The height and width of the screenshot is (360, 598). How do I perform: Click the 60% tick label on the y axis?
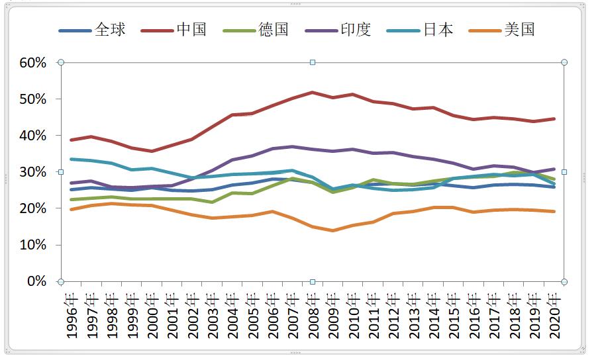[x=32, y=63]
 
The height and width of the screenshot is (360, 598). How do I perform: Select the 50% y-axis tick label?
[x=32, y=99]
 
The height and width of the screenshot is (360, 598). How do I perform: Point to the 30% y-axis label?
[x=32, y=172]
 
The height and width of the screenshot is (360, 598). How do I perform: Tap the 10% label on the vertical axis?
[x=32, y=245]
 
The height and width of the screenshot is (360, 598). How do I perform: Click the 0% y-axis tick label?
[x=36, y=281]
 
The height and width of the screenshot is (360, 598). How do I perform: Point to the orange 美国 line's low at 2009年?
[x=332, y=230]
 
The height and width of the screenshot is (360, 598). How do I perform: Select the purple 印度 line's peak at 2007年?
[x=292, y=147]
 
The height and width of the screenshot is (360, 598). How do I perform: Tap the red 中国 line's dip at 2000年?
[x=152, y=151]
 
